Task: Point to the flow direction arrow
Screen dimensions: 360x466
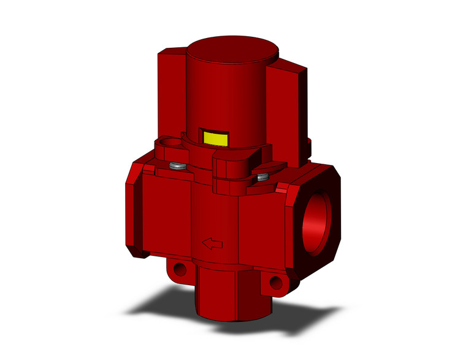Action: (x=212, y=244)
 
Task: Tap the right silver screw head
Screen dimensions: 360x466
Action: (x=263, y=178)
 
